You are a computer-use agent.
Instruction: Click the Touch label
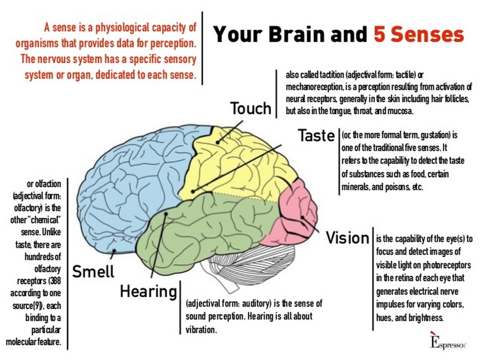251,108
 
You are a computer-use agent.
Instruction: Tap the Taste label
317,135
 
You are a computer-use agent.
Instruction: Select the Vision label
347,238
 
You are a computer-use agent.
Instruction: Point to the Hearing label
149,292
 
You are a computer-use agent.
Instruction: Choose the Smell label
93,271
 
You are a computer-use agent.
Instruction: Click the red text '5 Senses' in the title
418,34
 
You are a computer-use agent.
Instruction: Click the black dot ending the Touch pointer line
218,142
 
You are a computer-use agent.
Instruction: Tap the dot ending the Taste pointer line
193,192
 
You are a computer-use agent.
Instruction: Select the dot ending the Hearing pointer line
166,214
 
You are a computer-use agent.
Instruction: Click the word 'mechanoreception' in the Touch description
314,87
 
